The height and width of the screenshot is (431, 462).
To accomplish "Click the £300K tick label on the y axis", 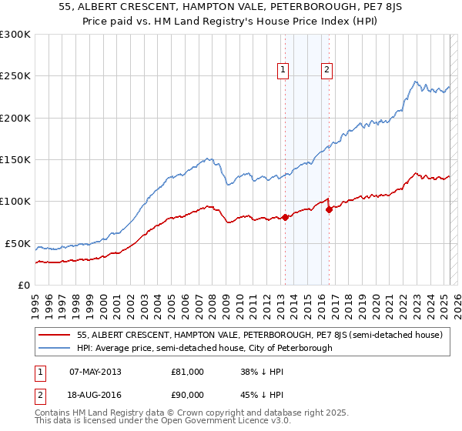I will [15, 35].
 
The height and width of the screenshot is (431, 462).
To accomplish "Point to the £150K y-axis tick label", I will [15, 160].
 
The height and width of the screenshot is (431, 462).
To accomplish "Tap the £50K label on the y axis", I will [18, 243].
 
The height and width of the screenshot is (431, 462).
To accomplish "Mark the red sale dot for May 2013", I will [285, 217].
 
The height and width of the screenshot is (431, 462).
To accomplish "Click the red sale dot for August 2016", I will [329, 209].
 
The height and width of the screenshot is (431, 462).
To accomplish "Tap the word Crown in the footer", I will [200, 413].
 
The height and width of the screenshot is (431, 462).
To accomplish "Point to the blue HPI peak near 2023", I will [415, 82].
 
